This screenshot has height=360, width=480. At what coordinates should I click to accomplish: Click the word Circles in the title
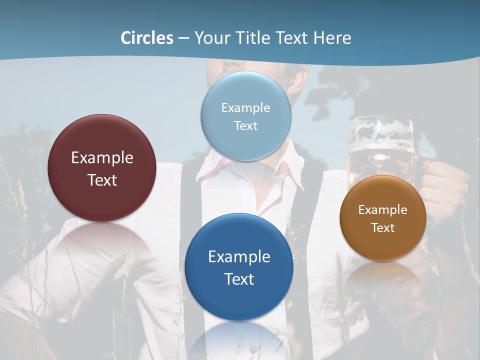147,38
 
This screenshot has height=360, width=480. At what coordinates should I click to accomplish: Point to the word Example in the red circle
102,157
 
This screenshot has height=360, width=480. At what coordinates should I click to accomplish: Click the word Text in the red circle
102,180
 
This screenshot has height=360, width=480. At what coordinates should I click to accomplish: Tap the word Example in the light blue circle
245,107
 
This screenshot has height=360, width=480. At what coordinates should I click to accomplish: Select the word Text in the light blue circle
245,125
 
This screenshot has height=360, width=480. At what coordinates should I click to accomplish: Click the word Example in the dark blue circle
239,256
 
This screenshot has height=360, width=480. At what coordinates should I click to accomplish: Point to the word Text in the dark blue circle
239,279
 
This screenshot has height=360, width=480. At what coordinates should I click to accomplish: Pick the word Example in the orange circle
383,209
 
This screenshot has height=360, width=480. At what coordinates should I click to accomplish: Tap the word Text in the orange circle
383,227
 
